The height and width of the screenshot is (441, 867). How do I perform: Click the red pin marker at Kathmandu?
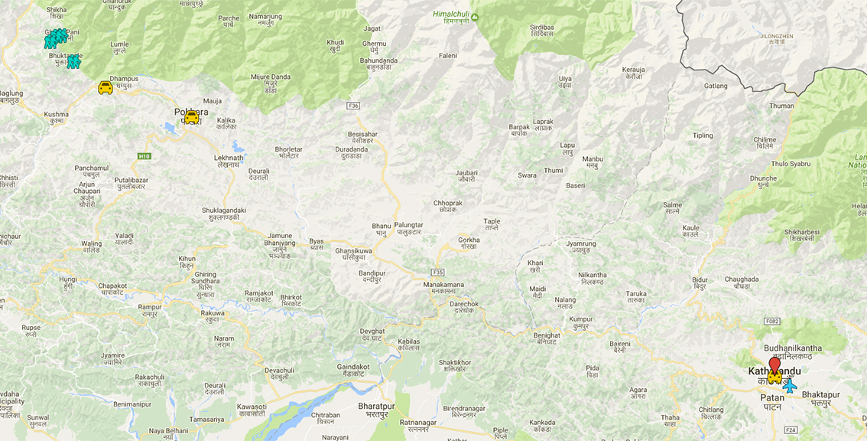(x=774, y=364)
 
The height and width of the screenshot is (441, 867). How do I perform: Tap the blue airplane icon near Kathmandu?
(x=790, y=387)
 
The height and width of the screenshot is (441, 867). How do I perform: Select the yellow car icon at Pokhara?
(x=191, y=117)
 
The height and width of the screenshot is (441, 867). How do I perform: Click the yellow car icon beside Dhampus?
(x=106, y=88)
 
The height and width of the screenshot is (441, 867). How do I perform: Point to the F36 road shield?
(x=352, y=106)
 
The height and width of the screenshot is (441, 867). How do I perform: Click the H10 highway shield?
(x=144, y=156)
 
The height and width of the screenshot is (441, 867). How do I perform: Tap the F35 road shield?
(x=437, y=272)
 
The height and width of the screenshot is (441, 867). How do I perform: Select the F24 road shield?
(x=791, y=430)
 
